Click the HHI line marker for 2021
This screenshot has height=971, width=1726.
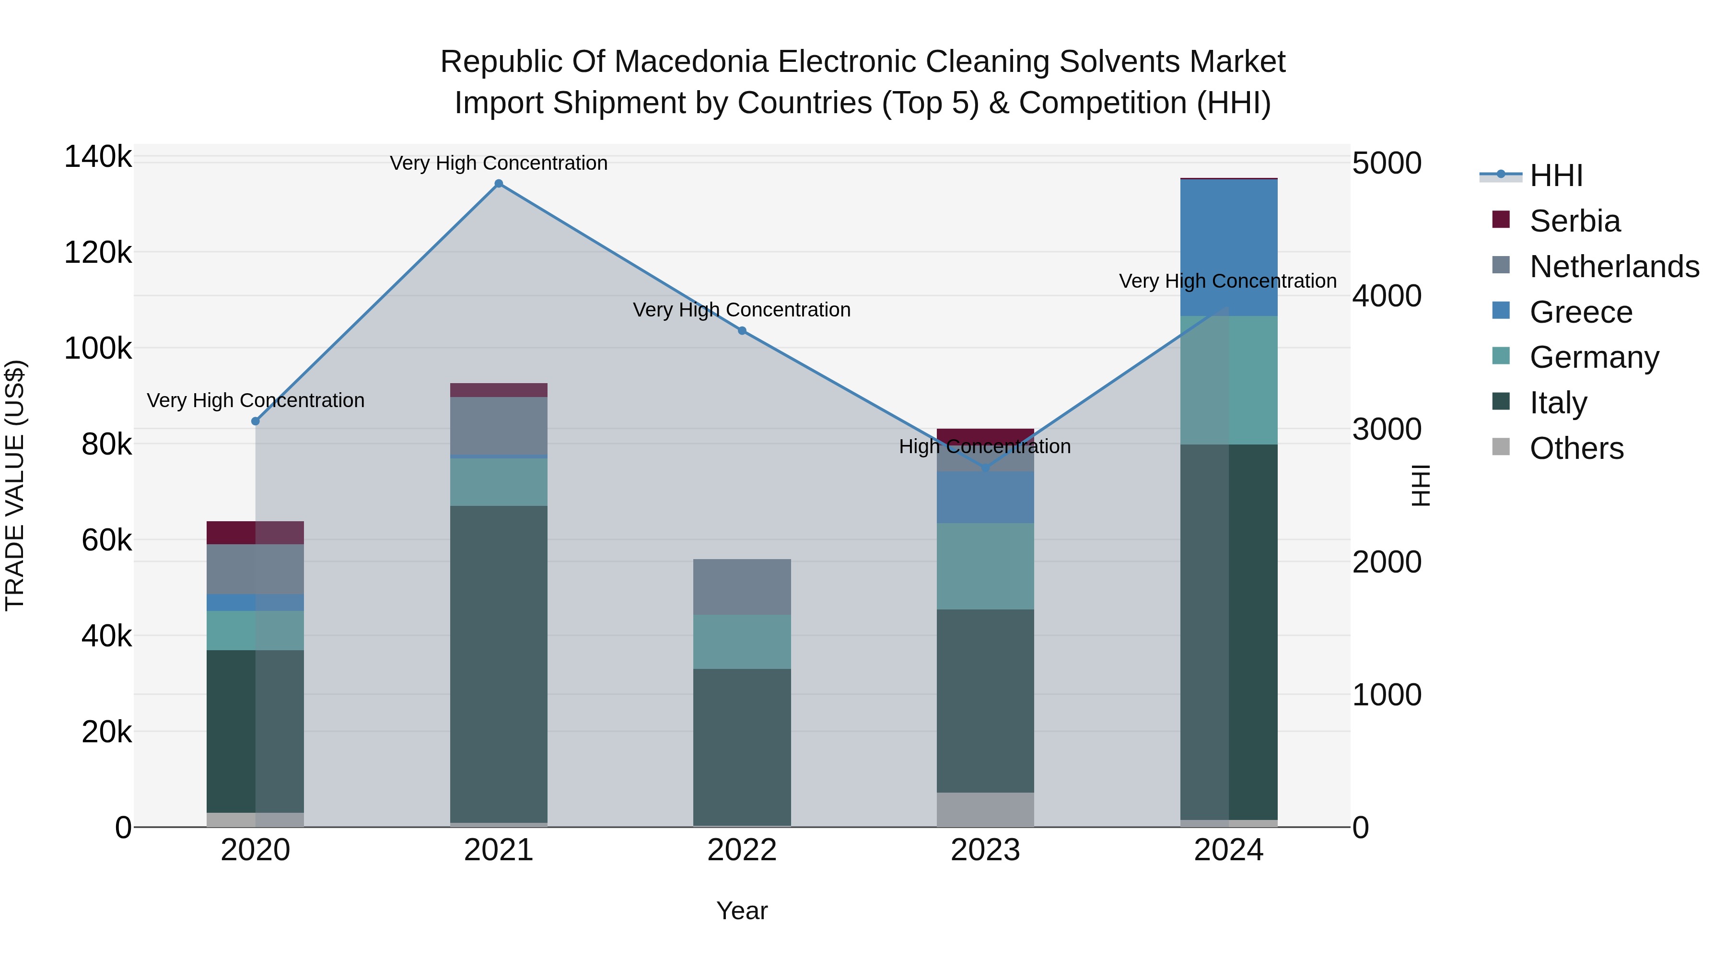point(499,184)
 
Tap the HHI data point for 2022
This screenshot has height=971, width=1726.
point(742,330)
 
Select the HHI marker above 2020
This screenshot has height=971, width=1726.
point(255,421)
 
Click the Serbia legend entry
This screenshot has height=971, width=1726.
point(1574,221)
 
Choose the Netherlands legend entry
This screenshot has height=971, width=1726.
point(1613,267)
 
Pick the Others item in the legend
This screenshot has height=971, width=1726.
point(1576,448)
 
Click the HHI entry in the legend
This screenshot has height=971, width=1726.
point(1556,175)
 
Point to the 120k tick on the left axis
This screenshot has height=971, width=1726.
point(98,253)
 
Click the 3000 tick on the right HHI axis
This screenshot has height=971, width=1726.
point(1386,429)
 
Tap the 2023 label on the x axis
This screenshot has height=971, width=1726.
point(985,850)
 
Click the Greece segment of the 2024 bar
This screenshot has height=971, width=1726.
point(1229,248)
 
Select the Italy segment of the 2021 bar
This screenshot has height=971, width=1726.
point(499,664)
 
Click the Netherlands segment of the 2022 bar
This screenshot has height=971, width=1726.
point(742,587)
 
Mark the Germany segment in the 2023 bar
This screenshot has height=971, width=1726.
point(985,566)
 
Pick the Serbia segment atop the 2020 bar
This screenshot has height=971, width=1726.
point(255,533)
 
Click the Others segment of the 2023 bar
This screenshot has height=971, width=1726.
point(985,809)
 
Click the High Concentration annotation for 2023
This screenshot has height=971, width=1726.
point(984,446)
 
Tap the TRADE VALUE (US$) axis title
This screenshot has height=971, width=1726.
point(15,485)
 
